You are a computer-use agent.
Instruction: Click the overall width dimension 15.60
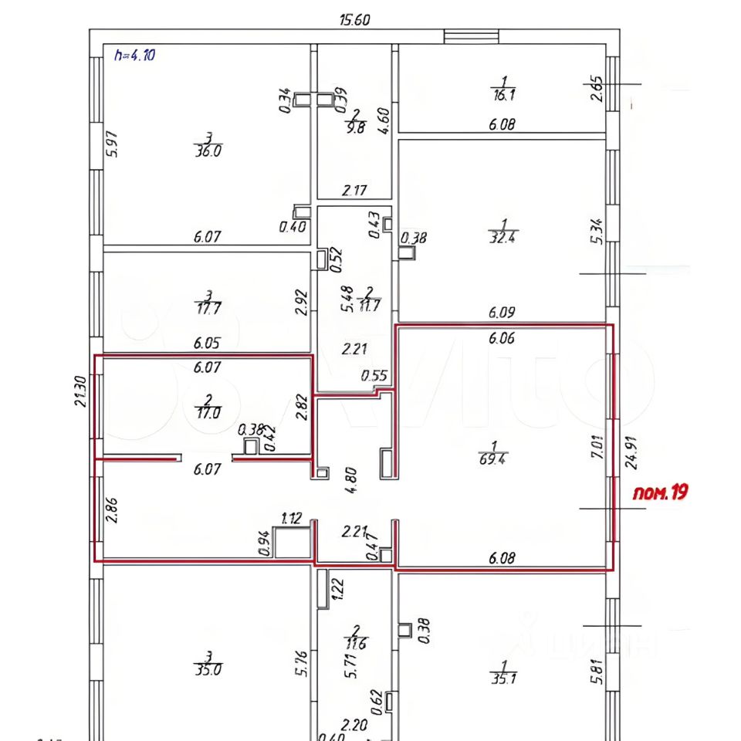pyautogui.click(x=354, y=20)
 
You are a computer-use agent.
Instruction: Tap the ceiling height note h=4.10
pyautogui.click(x=135, y=56)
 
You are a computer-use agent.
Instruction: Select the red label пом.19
pyautogui.click(x=660, y=492)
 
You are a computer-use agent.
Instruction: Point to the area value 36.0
pyautogui.click(x=208, y=151)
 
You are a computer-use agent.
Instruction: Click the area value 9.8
pyautogui.click(x=355, y=129)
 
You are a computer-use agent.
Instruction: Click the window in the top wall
pyautogui.click(x=472, y=36)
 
